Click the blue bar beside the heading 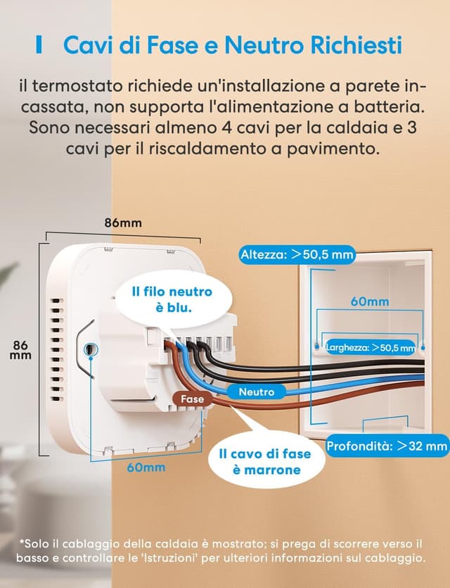(40, 46)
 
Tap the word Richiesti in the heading (359, 45)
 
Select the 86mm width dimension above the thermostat (123, 223)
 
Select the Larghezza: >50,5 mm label (371, 347)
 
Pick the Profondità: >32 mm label (387, 446)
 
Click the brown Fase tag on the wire (192, 399)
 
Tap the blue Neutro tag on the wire (257, 392)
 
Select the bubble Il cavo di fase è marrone (259, 462)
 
